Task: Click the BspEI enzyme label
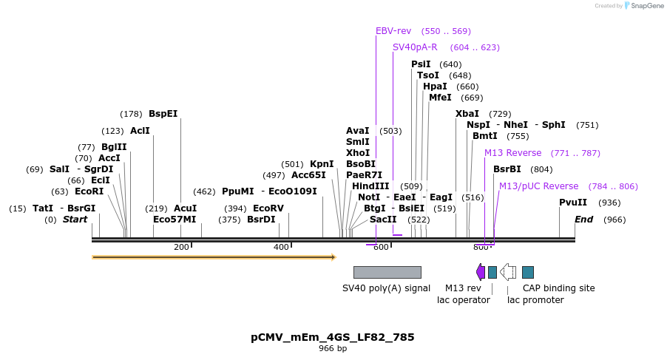pos(163,114)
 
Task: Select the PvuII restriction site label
pos(573,203)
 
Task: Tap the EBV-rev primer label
pos(393,31)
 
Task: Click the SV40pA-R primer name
pos(415,47)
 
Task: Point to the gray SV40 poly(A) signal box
pos(387,272)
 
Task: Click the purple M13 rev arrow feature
pos(481,272)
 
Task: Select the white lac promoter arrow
pos(508,272)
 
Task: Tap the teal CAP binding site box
pos(528,272)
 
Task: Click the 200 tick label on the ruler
pos(181,247)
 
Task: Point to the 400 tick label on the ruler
pos(281,247)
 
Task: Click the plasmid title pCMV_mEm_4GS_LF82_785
pos(333,337)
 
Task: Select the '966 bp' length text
pos(333,348)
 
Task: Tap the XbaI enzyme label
pos(467,114)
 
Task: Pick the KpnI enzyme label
pos(322,164)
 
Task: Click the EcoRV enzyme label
pos(268,208)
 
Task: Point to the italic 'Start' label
pos(75,220)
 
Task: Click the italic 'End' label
pos(584,220)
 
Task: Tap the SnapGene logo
pos(640,6)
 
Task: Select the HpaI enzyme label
pos(435,86)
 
